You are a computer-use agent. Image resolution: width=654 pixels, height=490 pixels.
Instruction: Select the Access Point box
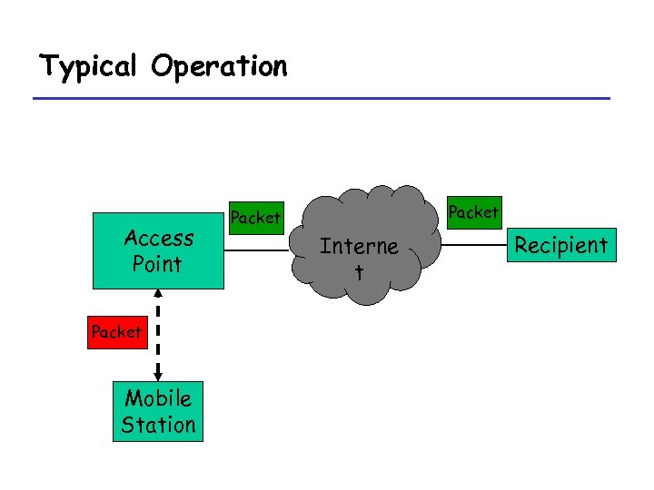[158, 251]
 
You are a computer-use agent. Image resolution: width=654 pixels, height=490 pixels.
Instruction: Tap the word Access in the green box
[158, 239]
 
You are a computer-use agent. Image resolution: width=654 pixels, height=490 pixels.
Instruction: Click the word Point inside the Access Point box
[158, 264]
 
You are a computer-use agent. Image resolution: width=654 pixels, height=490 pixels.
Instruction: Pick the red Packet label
[115, 332]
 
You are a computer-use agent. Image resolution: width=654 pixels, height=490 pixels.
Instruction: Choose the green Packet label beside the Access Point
[255, 218]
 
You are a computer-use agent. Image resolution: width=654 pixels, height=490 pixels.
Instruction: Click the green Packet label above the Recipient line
[473, 212]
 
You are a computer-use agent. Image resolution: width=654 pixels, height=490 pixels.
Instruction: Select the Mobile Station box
[158, 411]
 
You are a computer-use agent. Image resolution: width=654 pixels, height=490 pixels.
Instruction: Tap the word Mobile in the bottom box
[158, 398]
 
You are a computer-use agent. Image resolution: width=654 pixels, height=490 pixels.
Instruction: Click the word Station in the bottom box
[158, 425]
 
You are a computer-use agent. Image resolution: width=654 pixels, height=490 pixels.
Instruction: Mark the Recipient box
[560, 245]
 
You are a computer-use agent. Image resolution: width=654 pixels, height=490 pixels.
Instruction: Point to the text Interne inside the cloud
[359, 247]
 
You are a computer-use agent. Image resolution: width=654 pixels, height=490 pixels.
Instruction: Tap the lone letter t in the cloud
[359, 271]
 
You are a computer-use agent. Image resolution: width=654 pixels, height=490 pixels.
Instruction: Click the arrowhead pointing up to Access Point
[158, 295]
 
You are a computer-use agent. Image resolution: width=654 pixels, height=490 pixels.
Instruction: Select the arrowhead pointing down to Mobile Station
[158, 375]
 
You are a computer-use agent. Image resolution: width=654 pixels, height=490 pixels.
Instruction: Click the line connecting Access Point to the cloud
[259, 244]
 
